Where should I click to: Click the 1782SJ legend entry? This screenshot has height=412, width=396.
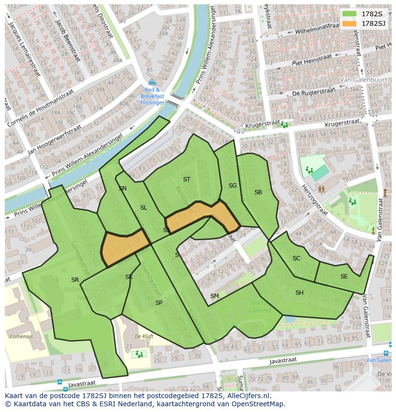363,23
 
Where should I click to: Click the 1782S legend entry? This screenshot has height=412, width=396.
363,14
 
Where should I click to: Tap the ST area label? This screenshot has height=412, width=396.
187,179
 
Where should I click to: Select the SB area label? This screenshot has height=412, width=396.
258,192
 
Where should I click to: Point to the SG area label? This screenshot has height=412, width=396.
232,186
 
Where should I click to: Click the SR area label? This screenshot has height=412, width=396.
75,280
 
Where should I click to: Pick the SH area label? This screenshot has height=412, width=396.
299,293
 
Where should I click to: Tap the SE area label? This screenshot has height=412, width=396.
344,277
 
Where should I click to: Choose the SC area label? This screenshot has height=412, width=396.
297,258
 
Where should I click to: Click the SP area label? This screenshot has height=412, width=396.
159,303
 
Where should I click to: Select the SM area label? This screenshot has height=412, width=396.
214,296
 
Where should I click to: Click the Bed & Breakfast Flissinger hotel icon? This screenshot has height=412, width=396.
152,83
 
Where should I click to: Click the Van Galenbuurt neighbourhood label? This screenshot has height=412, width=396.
361,80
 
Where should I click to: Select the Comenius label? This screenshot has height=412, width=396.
21,336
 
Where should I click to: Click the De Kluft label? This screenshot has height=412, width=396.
144,336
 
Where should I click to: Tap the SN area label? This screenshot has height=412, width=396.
122,189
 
